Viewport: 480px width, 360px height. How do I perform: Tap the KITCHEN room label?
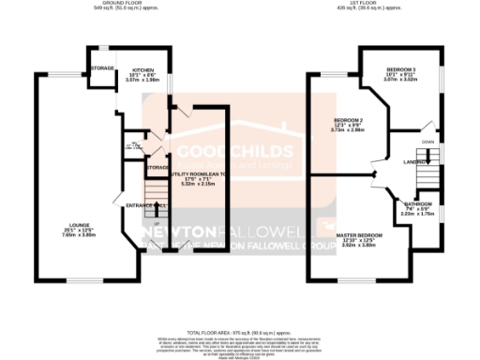[142, 70]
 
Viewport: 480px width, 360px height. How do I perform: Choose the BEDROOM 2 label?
[347, 121]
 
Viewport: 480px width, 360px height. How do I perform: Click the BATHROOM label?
[419, 203]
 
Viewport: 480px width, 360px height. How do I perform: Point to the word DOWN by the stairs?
[428, 142]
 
